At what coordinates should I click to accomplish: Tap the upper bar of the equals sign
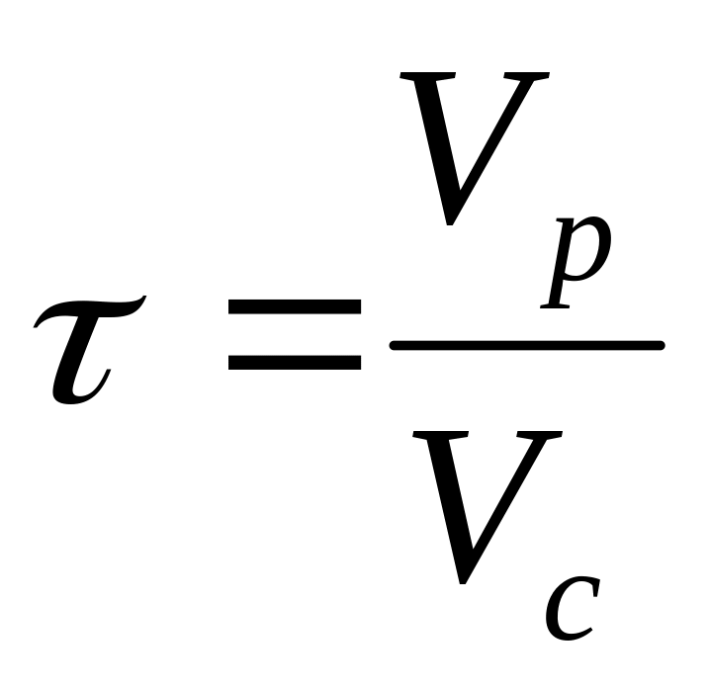pyautogui.click(x=294, y=308)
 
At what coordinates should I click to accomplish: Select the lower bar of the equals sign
pyautogui.click(x=294, y=362)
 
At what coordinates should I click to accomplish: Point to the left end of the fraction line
pyautogui.click(x=396, y=345)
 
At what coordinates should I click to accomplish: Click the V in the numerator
pyautogui.click(x=475, y=148)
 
